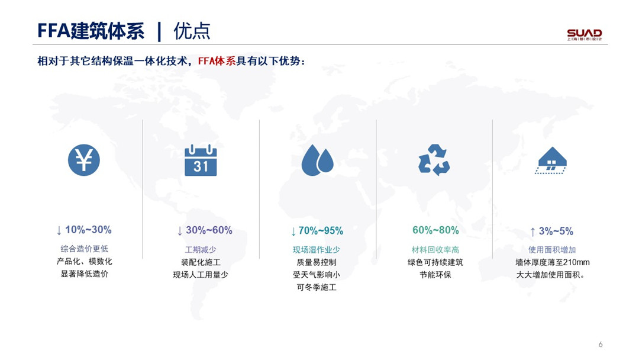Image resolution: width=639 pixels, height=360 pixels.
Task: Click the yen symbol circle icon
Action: click(x=84, y=160)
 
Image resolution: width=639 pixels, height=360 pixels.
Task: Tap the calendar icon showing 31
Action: click(x=201, y=160)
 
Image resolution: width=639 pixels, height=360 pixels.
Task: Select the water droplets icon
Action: click(x=318, y=160)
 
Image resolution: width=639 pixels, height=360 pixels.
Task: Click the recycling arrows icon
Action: click(x=434, y=160)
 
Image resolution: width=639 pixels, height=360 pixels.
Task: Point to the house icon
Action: click(x=551, y=160)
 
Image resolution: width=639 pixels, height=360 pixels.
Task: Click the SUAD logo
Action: click(x=585, y=34)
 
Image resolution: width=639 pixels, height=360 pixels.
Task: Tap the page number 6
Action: click(x=601, y=345)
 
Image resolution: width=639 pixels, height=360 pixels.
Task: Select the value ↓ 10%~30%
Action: click(x=84, y=230)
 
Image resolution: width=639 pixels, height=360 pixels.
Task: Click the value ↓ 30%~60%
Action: click(x=205, y=230)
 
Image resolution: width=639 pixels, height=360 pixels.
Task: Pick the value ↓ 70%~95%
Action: click(x=317, y=231)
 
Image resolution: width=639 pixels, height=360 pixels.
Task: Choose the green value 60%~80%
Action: click(x=435, y=230)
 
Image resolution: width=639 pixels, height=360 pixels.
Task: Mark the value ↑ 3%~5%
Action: click(x=551, y=231)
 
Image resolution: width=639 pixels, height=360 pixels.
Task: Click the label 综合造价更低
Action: click(x=85, y=249)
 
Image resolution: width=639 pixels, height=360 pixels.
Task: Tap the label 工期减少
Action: click(x=201, y=249)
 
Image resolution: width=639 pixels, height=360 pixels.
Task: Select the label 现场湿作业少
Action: click(x=316, y=249)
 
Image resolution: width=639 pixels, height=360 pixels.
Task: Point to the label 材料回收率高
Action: click(x=435, y=249)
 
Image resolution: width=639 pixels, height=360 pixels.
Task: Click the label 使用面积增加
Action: click(x=552, y=249)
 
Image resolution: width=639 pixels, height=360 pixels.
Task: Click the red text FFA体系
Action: click(x=217, y=61)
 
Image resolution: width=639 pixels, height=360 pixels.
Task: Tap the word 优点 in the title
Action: click(x=192, y=31)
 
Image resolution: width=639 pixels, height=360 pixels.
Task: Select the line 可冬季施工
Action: click(x=317, y=287)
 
